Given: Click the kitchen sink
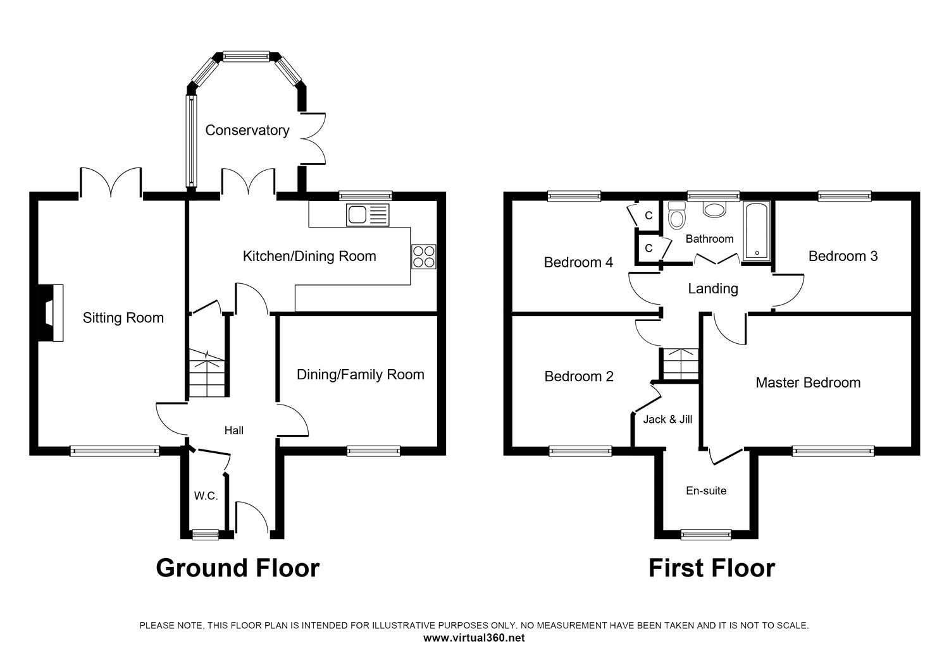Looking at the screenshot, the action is click(x=368, y=215).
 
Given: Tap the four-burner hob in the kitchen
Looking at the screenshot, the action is click(x=423, y=257).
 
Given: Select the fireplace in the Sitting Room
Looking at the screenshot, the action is click(x=51, y=313).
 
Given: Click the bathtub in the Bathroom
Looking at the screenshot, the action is click(x=756, y=231).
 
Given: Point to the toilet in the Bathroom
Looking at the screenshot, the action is click(x=676, y=216).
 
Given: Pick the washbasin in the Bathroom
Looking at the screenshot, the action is click(x=714, y=209).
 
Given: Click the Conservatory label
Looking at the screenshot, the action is click(x=247, y=130).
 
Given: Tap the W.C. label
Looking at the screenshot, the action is click(x=206, y=496).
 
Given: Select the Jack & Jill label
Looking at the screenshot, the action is click(x=667, y=420).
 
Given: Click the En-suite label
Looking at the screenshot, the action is click(x=706, y=490).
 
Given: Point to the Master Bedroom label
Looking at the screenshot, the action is click(x=808, y=382).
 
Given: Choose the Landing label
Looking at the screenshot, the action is click(x=713, y=289).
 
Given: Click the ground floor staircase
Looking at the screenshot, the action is click(x=206, y=372).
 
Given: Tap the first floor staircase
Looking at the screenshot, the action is click(x=680, y=364).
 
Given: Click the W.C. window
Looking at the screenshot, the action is click(x=206, y=535).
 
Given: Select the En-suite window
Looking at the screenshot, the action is click(x=706, y=535).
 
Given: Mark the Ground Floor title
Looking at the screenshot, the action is click(x=238, y=568).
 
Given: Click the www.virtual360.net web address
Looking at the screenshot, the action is click(x=474, y=638).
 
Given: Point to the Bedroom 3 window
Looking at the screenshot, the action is click(x=845, y=196).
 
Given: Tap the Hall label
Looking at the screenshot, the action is click(x=234, y=430).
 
